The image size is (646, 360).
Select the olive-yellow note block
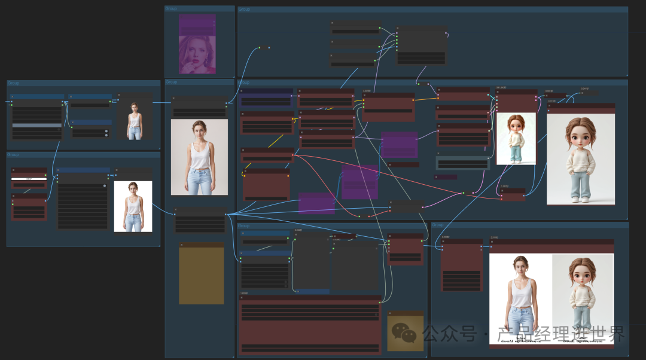201,275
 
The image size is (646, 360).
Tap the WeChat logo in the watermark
404,333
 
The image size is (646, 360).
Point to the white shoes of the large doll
580,199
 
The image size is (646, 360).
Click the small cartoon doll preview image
516,139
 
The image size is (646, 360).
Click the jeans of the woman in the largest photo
199,181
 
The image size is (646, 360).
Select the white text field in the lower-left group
29,179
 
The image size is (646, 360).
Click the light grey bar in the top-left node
37,125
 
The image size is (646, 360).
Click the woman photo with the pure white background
133,206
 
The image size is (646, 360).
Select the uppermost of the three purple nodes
399,145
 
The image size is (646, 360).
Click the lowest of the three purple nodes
316,203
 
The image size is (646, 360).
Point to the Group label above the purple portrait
171,8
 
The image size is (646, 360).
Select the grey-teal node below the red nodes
462,163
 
